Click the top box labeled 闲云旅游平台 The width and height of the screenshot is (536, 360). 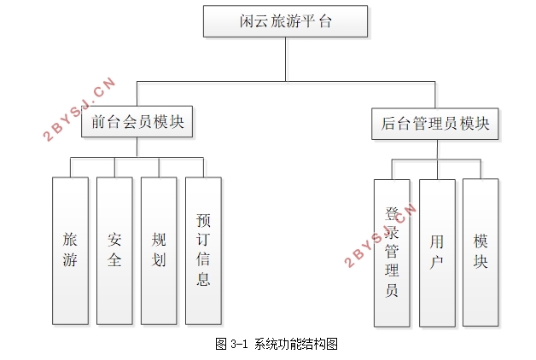coord(285,22)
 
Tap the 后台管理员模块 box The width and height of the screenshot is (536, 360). coord(435,123)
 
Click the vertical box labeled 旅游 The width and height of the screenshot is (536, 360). coord(70,251)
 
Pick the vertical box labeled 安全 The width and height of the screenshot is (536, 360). coord(114,251)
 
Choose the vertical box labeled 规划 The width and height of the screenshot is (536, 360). coord(159,251)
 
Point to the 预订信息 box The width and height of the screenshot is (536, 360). coord(203,251)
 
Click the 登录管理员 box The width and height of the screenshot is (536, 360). coord(392,253)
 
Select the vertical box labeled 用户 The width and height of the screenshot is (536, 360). coord(436,253)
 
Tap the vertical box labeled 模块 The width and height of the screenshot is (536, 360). coord(481,253)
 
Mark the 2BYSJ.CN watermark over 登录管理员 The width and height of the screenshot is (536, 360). coord(379,235)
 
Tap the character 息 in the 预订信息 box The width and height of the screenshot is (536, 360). coord(203,279)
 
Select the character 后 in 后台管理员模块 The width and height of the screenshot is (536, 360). coord(388,123)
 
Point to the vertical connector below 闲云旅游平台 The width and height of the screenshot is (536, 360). coord(285,60)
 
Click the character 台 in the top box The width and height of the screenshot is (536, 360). coord(323,22)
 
